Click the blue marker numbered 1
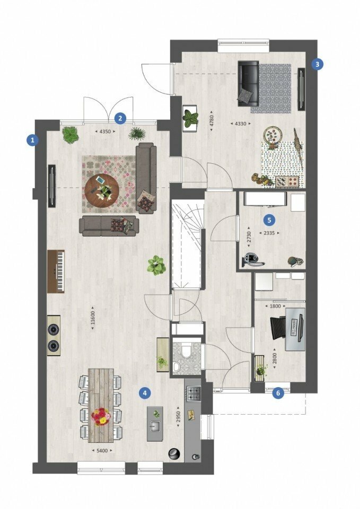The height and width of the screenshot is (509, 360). (x=32, y=140)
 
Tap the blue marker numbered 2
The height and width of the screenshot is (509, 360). (x=120, y=118)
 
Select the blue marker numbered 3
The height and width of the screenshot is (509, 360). (x=317, y=64)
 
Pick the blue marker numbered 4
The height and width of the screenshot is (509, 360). (x=144, y=393)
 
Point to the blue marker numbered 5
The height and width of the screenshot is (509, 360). (x=269, y=220)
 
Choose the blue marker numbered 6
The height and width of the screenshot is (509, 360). (x=277, y=393)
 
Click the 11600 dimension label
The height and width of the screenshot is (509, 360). (x=93, y=318)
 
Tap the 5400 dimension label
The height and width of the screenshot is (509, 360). (x=102, y=450)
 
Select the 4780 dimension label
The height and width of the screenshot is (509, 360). (x=212, y=120)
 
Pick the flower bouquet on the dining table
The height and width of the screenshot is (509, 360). (x=100, y=416)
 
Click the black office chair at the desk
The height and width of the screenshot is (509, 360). (x=278, y=328)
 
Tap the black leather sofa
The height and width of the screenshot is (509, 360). (x=249, y=83)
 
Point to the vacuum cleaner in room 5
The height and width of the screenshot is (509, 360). (x=252, y=259)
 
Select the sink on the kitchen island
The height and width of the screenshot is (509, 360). (x=155, y=426)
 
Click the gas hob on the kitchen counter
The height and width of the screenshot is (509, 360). (x=195, y=393)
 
